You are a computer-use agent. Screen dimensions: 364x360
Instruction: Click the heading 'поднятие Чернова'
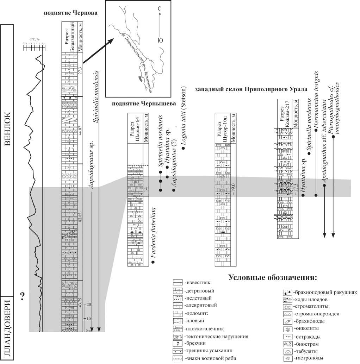pyautogui.click(x=70, y=13)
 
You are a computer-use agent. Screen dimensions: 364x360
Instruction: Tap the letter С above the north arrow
pyautogui.click(x=159, y=8)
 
